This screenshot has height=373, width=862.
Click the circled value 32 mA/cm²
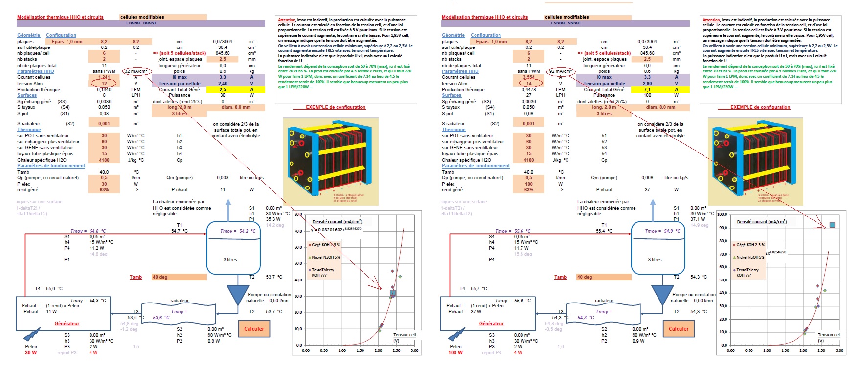[136, 71]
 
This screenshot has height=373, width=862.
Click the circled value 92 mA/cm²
[560, 71]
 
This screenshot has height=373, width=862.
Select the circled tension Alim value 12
[104, 84]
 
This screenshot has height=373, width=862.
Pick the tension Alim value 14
[529, 84]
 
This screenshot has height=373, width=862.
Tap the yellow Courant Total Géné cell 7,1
[647, 90]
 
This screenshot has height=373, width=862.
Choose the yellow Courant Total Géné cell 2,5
[223, 90]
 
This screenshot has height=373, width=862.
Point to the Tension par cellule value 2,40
[223, 84]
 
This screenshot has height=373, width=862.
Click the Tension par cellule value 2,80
[647, 84]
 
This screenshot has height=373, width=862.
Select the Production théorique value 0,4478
[529, 90]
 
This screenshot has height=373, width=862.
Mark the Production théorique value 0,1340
[104, 90]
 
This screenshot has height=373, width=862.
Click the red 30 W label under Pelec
[31, 353]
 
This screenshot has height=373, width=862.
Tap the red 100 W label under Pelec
[455, 353]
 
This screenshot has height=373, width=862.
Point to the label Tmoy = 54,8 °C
[88, 231]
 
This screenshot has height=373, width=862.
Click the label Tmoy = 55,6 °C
[513, 231]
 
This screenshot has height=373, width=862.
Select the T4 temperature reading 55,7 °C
[475, 289]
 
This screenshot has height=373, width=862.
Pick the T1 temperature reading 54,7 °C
[180, 231]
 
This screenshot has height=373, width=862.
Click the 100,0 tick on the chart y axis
[722, 215]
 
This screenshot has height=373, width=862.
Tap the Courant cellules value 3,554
[529, 77]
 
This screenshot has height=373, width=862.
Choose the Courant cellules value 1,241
[104, 77]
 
